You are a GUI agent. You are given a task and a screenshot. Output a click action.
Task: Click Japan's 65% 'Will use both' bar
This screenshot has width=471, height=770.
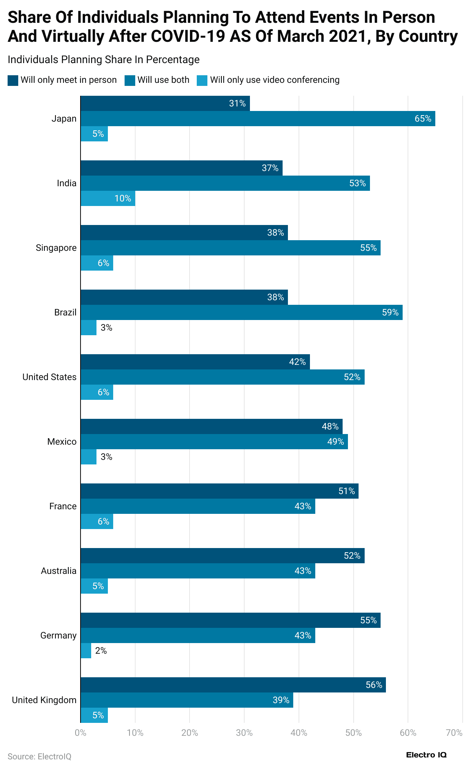(258, 119)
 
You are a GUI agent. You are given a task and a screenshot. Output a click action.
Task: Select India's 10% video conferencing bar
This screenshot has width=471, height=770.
(107, 198)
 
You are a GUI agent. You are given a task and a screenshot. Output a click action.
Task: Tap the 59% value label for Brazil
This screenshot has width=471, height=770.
(390, 312)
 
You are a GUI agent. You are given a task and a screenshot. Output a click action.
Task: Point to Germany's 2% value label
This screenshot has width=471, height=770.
(101, 651)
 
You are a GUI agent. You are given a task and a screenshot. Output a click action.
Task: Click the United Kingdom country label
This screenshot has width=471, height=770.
(44, 700)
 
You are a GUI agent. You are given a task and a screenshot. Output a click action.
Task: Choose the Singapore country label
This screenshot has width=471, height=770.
(56, 248)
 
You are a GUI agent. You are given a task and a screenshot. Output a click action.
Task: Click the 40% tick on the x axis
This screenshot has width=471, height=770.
(299, 733)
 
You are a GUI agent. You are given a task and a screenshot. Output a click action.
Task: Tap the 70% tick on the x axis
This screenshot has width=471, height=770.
(454, 733)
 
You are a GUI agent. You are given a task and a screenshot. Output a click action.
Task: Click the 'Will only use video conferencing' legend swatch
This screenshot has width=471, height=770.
(202, 80)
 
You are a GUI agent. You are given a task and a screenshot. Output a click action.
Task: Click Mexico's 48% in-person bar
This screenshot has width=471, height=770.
(211, 426)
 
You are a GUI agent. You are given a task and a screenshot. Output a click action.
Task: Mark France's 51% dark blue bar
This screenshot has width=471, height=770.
(219, 491)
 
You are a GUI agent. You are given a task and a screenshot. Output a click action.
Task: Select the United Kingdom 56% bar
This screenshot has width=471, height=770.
(233, 685)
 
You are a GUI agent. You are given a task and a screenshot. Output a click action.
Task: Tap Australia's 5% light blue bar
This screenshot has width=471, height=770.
(94, 586)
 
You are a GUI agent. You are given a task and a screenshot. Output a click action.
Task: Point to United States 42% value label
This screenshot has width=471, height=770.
(297, 362)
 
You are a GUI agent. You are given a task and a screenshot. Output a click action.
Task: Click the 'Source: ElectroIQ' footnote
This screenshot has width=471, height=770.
(40, 756)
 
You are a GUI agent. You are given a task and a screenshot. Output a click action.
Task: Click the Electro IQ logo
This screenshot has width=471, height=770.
(426, 755)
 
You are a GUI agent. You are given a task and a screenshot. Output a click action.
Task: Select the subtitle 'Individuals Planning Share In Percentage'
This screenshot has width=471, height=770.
(103, 60)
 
